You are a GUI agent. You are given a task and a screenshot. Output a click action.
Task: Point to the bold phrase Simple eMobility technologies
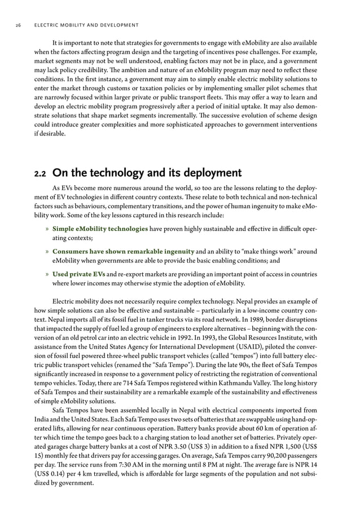pos(100,229)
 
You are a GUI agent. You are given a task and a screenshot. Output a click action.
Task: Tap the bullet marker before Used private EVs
pos(47,274)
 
